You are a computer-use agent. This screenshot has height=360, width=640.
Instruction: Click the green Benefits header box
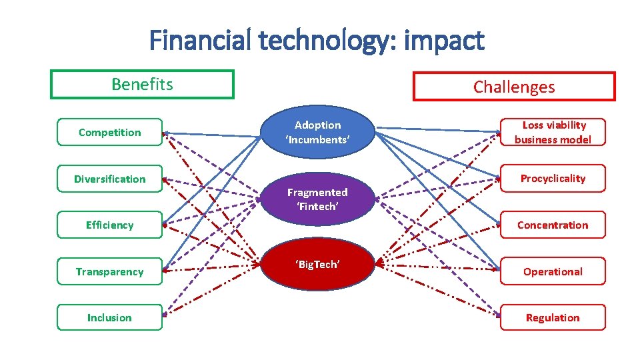click(142, 85)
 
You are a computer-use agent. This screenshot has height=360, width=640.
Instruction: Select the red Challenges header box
click(514, 87)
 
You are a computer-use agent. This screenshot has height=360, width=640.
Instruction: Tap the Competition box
click(110, 132)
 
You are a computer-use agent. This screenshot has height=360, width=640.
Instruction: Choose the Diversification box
click(110, 179)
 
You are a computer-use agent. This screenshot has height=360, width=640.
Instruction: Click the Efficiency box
click(110, 225)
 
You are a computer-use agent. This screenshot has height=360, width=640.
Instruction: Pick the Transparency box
click(110, 271)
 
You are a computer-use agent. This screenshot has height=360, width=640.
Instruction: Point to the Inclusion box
click(110, 317)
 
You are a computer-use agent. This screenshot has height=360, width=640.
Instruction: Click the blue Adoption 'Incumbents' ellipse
click(317, 132)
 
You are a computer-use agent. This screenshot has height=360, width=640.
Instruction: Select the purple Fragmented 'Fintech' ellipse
click(317, 199)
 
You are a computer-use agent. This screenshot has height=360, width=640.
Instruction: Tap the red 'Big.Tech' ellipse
click(317, 265)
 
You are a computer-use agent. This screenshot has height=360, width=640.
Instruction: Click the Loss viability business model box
click(553, 132)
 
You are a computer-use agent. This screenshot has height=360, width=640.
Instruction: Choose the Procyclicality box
click(553, 178)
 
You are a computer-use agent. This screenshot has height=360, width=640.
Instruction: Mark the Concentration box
click(553, 225)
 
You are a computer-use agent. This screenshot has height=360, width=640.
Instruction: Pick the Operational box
click(553, 271)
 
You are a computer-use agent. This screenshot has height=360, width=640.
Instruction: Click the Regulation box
click(553, 317)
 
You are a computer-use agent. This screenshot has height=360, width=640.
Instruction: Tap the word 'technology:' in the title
click(326, 41)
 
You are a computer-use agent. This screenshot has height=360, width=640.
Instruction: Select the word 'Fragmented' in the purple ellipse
click(317, 192)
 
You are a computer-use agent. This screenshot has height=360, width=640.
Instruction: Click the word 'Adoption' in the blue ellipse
click(317, 125)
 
